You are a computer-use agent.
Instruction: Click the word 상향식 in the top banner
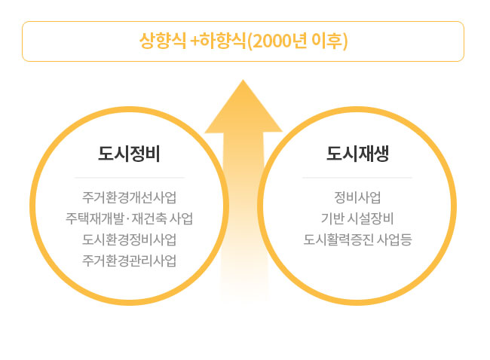pos(163,41)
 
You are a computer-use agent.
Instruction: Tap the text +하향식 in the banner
pos(218,41)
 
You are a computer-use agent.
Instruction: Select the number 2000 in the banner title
pos(271,41)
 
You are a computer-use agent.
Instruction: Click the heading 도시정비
pos(129,154)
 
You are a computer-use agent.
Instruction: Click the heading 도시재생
pos(357,154)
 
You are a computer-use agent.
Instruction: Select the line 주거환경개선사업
pos(129,197)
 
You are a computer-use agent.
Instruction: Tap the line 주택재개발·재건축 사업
pos(129,218)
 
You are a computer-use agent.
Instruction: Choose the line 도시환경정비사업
pos(129,239)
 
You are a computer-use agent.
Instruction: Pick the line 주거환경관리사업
pos(129,261)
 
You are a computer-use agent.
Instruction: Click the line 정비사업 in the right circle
pos(357,197)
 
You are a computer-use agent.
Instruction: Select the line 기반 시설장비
pos(357,218)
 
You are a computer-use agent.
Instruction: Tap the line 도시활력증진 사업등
pos(357,239)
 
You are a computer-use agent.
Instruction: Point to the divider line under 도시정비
pos(130,178)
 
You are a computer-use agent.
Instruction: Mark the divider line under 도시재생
pos(357,178)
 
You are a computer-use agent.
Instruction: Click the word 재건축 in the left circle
pos(149,218)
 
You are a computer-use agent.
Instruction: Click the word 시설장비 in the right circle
pos(370,218)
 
